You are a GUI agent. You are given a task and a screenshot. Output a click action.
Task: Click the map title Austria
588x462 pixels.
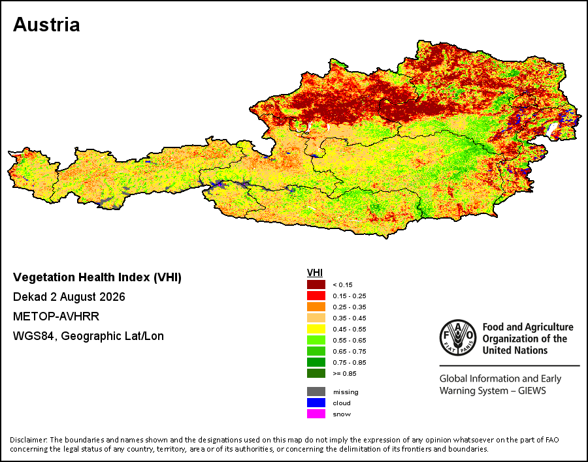[x=46, y=25]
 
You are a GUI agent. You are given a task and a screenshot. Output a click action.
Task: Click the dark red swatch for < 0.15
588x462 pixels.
[x=316, y=285]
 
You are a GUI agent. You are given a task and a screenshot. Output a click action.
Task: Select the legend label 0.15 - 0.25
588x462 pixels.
[x=349, y=296]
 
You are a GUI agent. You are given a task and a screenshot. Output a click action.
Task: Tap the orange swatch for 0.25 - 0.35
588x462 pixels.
[x=316, y=307]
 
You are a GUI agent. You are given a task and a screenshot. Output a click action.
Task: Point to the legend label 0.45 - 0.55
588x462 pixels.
[x=349, y=330]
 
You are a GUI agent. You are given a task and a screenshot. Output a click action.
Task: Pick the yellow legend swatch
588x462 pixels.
[x=316, y=329]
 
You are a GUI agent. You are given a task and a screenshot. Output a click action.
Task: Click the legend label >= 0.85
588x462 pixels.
[x=344, y=373]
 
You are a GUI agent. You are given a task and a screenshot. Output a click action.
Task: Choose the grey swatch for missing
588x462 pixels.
[x=316, y=392]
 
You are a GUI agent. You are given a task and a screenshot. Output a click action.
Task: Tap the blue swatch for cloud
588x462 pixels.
[x=316, y=403]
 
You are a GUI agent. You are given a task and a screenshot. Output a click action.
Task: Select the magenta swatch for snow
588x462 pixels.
[x=316, y=414]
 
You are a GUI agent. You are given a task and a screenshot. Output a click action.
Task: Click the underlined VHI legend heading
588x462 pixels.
[x=315, y=273]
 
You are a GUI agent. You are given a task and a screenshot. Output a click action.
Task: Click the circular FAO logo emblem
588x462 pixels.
[x=458, y=337]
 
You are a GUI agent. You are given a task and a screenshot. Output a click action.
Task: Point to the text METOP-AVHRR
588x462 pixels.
[x=56, y=316]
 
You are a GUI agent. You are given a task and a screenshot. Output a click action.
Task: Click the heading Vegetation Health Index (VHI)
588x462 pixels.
[x=97, y=277]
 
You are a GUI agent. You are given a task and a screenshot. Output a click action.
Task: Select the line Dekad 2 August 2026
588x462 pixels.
[x=69, y=297]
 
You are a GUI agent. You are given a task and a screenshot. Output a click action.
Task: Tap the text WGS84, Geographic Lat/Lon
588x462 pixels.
[x=88, y=336]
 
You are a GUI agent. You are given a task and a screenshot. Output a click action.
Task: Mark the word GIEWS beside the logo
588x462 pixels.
[x=532, y=391]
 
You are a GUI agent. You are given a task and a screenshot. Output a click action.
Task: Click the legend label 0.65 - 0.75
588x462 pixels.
[x=349, y=352]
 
